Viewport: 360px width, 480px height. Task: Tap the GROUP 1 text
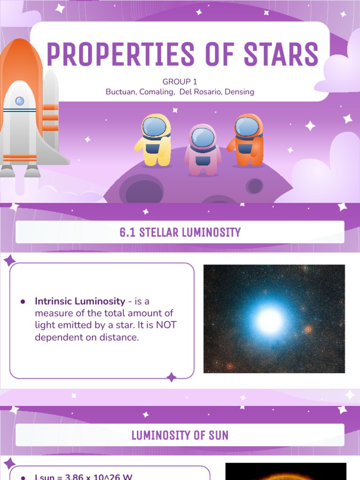tap(180, 82)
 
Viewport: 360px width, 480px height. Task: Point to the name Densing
tap(240, 92)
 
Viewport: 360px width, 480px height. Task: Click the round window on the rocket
tap(20, 101)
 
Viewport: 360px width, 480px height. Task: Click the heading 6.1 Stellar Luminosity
tap(180, 232)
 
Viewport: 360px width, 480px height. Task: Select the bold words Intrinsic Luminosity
tap(80, 301)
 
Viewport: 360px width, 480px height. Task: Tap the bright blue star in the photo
tap(270, 321)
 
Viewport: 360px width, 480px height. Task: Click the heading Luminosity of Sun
tap(180, 435)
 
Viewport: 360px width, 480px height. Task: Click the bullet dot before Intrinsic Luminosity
tap(23, 302)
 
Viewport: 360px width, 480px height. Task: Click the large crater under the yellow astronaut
tap(142, 190)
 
